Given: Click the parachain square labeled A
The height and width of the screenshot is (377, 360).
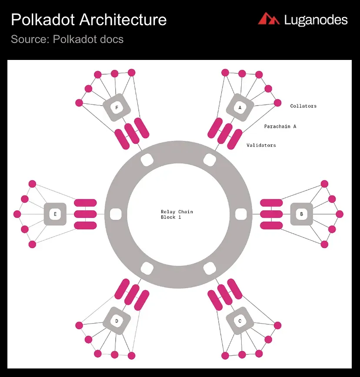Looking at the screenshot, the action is (240, 107).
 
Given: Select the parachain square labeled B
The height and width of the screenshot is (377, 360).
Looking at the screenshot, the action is (302, 214).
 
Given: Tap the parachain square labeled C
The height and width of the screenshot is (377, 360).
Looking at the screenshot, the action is (240, 321).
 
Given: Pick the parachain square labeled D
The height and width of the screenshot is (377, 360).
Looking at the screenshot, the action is (117, 321).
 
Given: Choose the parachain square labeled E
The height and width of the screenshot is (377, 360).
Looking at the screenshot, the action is (55, 214).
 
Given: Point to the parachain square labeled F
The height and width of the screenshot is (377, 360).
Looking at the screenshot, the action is (117, 107).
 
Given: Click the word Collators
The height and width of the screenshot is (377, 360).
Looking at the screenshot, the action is (303, 106).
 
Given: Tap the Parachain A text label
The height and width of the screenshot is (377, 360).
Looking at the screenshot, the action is (280, 126).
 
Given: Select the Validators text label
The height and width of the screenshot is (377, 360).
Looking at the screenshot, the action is (261, 145).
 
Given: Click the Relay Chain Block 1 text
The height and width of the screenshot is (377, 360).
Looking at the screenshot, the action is (177, 215).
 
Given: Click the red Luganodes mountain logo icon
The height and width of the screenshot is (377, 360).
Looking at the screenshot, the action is (269, 19).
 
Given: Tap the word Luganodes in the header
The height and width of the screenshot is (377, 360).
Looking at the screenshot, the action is (316, 20).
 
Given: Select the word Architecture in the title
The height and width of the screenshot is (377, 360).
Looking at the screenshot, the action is (123, 20).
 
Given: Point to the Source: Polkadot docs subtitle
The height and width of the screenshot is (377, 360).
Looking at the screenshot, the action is (67, 39).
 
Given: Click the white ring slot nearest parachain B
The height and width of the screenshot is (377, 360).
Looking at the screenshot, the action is (241, 214).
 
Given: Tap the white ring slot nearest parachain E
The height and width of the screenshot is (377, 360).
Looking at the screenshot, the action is (116, 214).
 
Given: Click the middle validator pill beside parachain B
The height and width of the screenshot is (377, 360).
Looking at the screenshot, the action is (271, 214).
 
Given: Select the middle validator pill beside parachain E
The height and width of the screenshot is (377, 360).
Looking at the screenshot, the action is (85, 214).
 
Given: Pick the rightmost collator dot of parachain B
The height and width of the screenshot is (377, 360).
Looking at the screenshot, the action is (340, 214).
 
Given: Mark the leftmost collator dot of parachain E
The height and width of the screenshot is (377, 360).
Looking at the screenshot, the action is (17, 214).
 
